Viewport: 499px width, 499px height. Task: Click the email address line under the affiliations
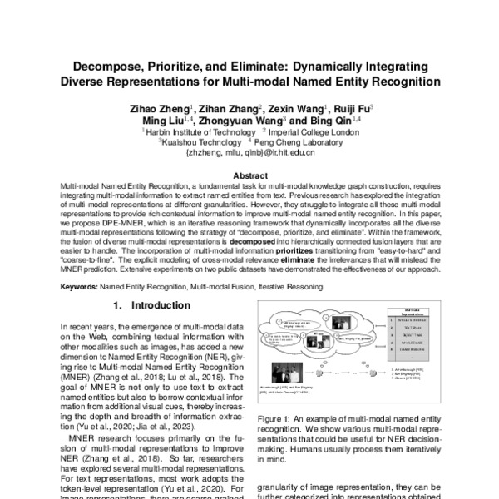(x=249, y=153)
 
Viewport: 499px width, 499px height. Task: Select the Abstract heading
(x=249, y=176)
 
